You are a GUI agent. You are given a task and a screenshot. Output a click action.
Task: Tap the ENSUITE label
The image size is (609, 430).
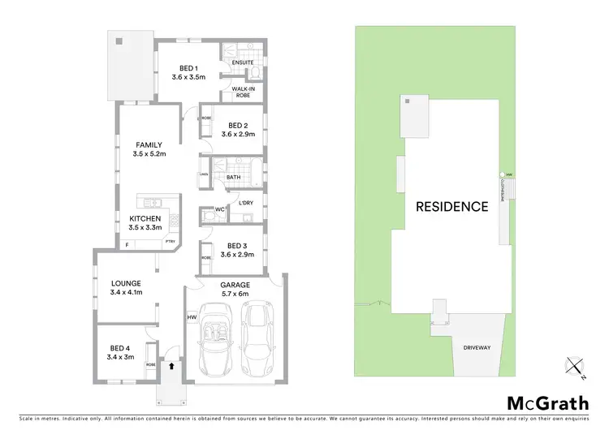tap(242, 62)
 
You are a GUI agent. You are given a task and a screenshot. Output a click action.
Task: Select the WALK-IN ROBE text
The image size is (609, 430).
tap(242, 92)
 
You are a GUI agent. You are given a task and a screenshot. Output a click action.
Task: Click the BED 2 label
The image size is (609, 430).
tap(237, 126)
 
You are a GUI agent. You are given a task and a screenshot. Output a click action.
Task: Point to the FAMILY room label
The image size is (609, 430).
tap(149, 145)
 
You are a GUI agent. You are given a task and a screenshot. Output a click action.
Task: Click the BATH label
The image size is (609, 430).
tap(233, 177)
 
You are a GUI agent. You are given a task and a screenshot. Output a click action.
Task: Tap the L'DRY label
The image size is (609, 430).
tap(246, 202)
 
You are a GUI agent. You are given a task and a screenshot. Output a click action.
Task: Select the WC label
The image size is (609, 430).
tap(219, 210)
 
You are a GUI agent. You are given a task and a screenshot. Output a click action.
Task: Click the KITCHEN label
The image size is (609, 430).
tap(145, 219)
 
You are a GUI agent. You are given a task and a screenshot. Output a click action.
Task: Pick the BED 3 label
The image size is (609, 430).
tap(237, 245)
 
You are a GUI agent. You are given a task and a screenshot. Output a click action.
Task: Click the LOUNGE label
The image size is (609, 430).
tap(126, 283)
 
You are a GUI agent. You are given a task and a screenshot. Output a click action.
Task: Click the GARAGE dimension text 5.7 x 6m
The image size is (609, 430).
tap(235, 295)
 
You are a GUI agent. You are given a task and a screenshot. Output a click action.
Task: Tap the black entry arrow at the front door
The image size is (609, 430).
tap(172, 367)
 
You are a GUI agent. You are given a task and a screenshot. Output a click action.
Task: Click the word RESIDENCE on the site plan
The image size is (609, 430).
tap(452, 206)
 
